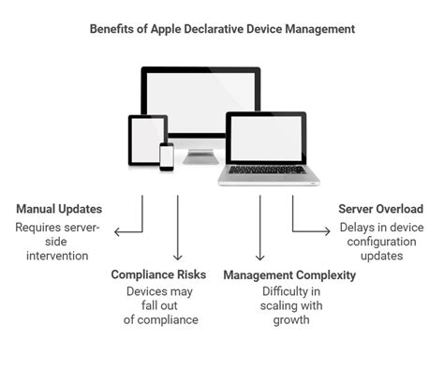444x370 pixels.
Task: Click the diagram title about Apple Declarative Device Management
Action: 222,29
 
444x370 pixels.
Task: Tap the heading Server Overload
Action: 380,208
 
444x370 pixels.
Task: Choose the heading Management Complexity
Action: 289,274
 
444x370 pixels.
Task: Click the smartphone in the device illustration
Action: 167,156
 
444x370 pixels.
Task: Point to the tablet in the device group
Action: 147,140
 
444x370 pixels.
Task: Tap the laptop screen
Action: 266,137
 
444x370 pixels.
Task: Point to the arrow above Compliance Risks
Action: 177,234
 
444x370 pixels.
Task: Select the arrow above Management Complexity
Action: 259,234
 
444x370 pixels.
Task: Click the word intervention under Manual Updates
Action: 56,256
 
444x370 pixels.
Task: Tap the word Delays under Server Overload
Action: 356,228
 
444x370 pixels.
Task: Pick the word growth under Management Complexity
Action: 289,319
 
